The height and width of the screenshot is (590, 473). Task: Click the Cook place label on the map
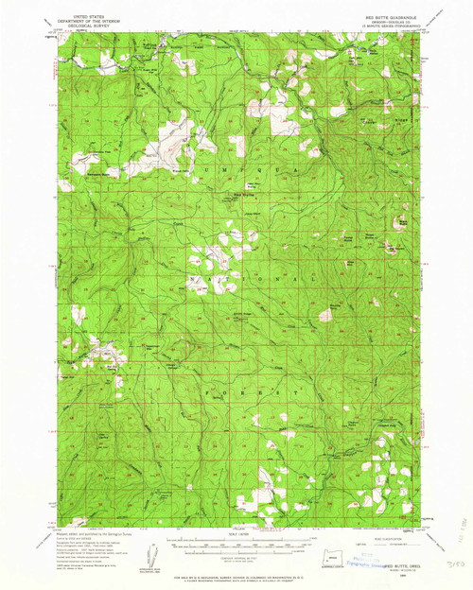coord(177,223)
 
